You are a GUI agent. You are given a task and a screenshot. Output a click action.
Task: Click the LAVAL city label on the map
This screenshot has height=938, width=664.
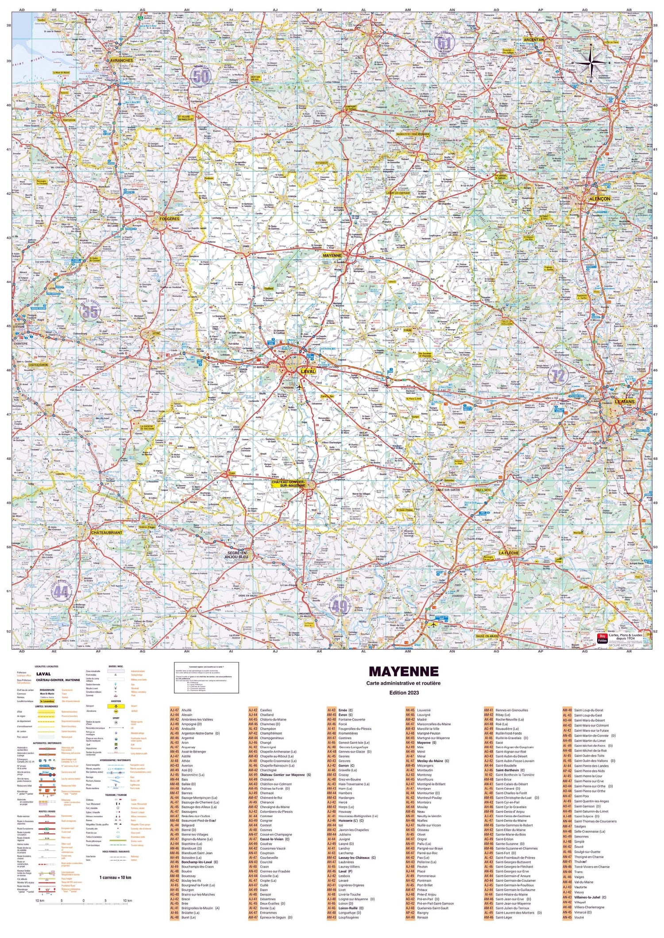click(308, 371)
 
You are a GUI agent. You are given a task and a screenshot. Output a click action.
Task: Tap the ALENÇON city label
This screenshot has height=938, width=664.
click(599, 199)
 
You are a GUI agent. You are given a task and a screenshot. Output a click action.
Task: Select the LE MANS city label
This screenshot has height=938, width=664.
click(625, 402)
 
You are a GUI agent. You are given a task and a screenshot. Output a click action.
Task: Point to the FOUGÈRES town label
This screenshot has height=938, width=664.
click(170, 219)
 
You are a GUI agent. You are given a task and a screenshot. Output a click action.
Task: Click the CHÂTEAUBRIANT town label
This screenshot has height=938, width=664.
click(106, 532)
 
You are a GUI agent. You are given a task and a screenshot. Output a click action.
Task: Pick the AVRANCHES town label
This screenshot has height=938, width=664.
click(120, 60)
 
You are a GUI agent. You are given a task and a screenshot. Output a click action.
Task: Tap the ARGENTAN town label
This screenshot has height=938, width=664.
click(533, 40)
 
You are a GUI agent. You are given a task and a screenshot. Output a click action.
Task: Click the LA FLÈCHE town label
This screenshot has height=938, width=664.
click(508, 553)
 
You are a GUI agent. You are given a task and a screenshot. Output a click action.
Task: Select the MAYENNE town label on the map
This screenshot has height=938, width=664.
click(332, 255)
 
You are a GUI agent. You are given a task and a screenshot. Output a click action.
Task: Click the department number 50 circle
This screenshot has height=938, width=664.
click(201, 76)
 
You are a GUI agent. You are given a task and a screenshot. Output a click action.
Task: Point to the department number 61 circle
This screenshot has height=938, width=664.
click(444, 43)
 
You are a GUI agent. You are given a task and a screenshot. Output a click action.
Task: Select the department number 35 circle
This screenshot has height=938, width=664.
click(90, 311)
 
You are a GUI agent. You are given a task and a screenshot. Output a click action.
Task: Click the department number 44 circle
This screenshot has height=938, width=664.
click(61, 592)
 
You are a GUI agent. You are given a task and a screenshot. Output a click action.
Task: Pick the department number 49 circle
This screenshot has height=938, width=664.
click(340, 606)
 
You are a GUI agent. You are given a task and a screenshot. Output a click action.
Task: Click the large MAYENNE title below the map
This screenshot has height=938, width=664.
click(403, 671)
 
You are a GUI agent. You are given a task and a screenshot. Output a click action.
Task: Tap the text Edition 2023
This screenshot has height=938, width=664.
click(403, 692)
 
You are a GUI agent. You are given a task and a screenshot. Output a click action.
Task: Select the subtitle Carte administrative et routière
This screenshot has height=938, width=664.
click(403, 683)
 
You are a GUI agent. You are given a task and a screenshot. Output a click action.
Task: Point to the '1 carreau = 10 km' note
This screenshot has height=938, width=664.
click(115, 877)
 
